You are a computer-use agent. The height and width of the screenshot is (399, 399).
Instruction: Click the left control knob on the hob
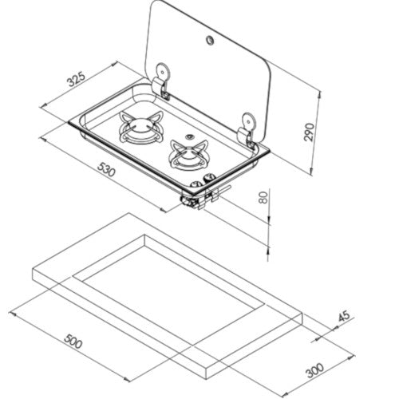(x=198, y=179)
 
